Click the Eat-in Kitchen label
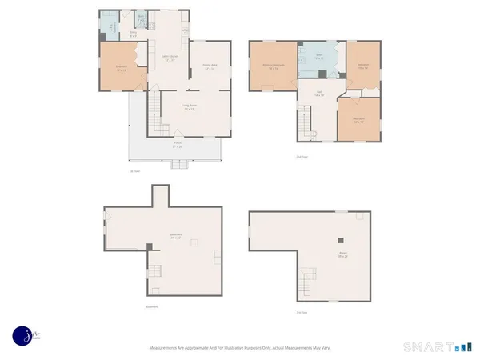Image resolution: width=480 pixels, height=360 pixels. (x=170, y=58)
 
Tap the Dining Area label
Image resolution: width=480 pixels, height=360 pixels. (x=210, y=66)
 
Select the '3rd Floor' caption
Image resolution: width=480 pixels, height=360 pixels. (x=302, y=312)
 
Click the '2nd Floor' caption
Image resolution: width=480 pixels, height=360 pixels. (x=302, y=157)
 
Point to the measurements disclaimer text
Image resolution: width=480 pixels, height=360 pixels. (x=240, y=348)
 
